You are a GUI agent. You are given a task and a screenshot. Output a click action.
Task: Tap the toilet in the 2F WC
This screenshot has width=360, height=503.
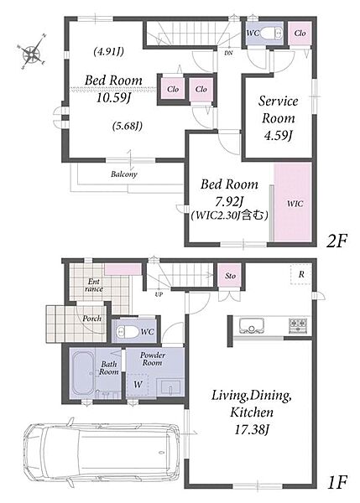pos(270,33)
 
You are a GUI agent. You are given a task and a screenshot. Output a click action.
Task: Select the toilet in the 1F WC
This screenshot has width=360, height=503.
pos(127,331)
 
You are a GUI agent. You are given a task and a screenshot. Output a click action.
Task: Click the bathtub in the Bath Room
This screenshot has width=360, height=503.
pos(83,373)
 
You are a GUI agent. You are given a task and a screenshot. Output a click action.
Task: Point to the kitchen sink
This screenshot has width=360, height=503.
pos(252,325)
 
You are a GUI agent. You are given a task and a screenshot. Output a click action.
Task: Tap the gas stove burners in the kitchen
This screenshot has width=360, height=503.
pos(299,324)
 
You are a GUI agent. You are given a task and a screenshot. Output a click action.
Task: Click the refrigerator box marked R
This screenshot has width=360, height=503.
pos(301,275)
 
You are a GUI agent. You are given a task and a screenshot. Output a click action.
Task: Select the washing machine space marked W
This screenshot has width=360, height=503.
pos(138,384)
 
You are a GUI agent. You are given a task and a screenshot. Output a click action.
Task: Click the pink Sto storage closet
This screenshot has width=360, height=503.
pos(229,275)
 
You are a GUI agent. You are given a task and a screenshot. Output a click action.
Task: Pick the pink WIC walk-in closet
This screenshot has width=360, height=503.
pos(293,202)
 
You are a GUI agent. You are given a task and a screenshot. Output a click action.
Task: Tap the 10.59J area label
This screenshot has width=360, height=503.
pos(113,98)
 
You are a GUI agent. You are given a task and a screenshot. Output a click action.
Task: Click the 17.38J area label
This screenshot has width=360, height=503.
pos(252,429)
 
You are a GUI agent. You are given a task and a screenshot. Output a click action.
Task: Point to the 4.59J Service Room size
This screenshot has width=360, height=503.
pos(278,136)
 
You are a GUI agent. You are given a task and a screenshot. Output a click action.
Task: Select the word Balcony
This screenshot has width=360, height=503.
pos(124,174)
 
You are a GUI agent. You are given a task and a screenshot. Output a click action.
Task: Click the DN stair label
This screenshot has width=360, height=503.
pos(228,53)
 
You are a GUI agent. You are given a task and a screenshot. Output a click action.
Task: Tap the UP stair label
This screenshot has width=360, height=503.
pos(159,294)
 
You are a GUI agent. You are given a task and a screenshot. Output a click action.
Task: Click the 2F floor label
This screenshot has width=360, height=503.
pos(337,241)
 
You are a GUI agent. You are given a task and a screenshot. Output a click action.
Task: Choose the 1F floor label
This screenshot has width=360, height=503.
pos(337,482)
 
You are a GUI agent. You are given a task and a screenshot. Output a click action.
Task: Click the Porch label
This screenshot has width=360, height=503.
pos(91,319)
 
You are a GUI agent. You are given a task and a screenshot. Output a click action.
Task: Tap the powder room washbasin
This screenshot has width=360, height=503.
pos(170,387)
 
